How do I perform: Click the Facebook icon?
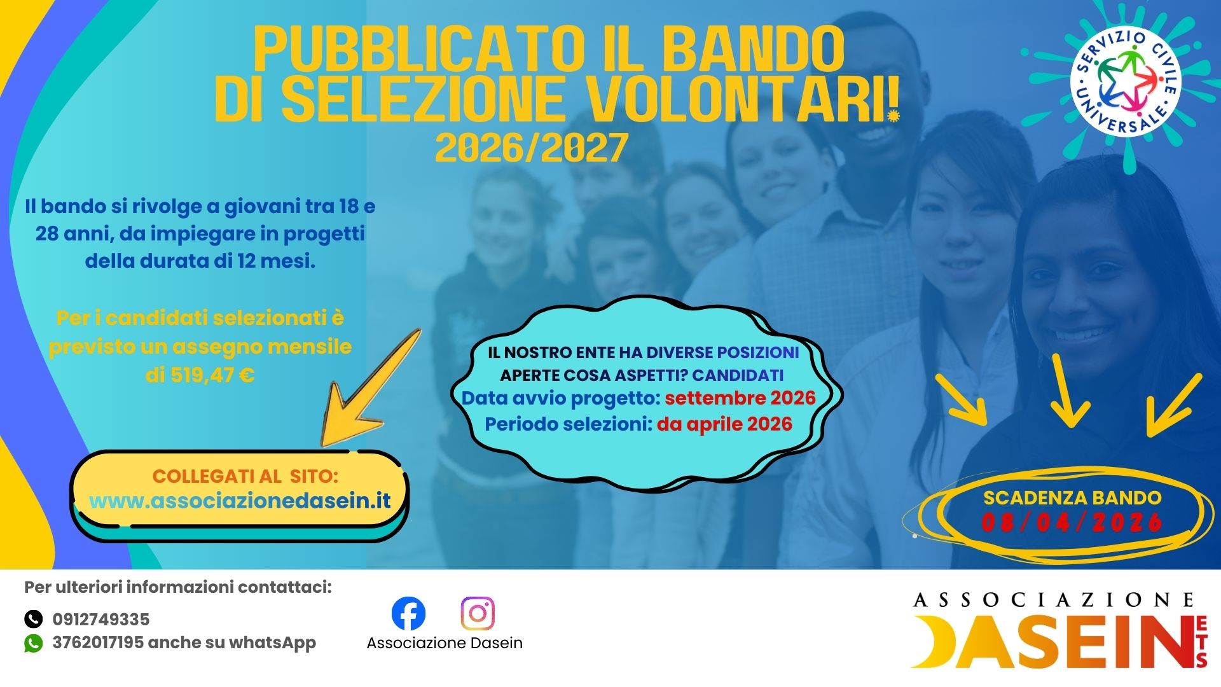[408, 613]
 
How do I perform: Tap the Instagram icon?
[478, 613]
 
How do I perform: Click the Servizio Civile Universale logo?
[1126, 82]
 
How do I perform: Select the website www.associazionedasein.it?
[240, 501]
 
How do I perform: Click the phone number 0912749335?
[101, 619]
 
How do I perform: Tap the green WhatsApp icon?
[33, 643]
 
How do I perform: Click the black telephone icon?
[33, 619]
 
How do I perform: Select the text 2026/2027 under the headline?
[532, 148]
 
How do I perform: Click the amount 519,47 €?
[200, 375]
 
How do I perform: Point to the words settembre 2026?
[740, 398]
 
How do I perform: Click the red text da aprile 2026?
[724, 424]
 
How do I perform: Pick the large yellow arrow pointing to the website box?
[369, 388]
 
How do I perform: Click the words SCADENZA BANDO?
[1072, 497]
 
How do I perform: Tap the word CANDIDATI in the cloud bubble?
[738, 375]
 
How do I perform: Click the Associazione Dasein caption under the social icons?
[445, 643]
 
